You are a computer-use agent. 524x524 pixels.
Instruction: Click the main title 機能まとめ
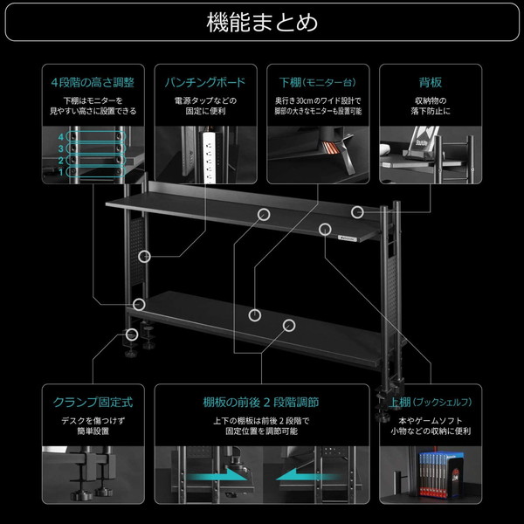pyautogui.click(x=262, y=20)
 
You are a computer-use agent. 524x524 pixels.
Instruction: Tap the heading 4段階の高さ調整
pyautogui.click(x=92, y=83)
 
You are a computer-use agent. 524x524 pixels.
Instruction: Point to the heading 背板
pyautogui.click(x=430, y=83)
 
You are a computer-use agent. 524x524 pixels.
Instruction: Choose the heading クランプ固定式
pyautogui.click(x=92, y=403)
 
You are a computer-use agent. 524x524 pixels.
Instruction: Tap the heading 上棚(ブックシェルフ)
pyautogui.click(x=430, y=403)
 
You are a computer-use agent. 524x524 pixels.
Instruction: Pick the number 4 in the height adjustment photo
pyautogui.click(x=61, y=137)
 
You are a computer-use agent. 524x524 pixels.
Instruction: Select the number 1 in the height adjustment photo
pyautogui.click(x=61, y=171)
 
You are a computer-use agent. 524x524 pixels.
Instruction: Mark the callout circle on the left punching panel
pyautogui.click(x=145, y=256)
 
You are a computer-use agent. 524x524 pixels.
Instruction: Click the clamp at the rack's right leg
pyautogui.click(x=386, y=397)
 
